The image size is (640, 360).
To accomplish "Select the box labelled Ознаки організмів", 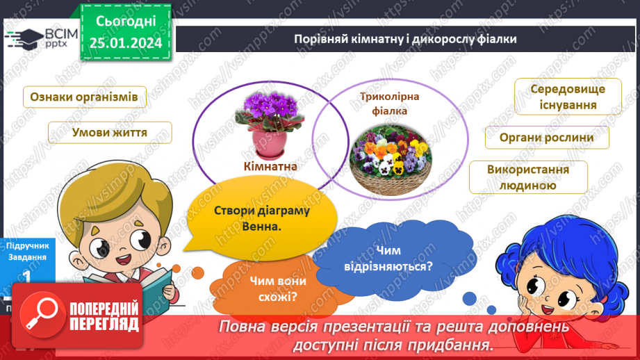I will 84,97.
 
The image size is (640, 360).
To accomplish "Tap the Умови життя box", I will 110,132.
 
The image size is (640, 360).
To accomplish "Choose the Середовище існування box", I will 568,97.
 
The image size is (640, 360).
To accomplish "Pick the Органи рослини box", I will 546,137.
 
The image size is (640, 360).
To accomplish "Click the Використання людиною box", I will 527,178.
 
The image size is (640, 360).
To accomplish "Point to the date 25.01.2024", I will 126,43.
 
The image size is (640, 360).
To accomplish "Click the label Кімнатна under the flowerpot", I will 270,166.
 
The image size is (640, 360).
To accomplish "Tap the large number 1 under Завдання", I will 27,277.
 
